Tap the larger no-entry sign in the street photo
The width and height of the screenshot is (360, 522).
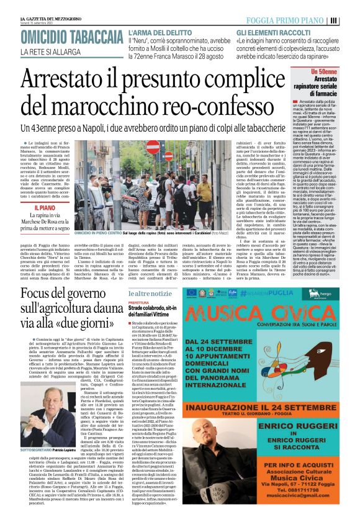click(x=152, y=148)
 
